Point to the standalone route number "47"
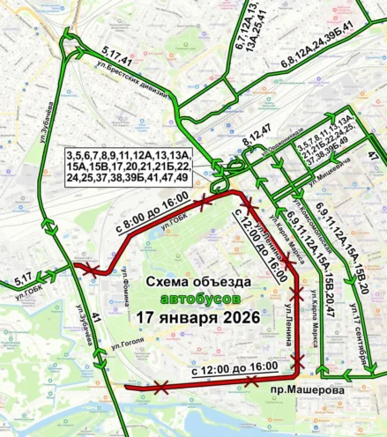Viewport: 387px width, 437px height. (x=372, y=156)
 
